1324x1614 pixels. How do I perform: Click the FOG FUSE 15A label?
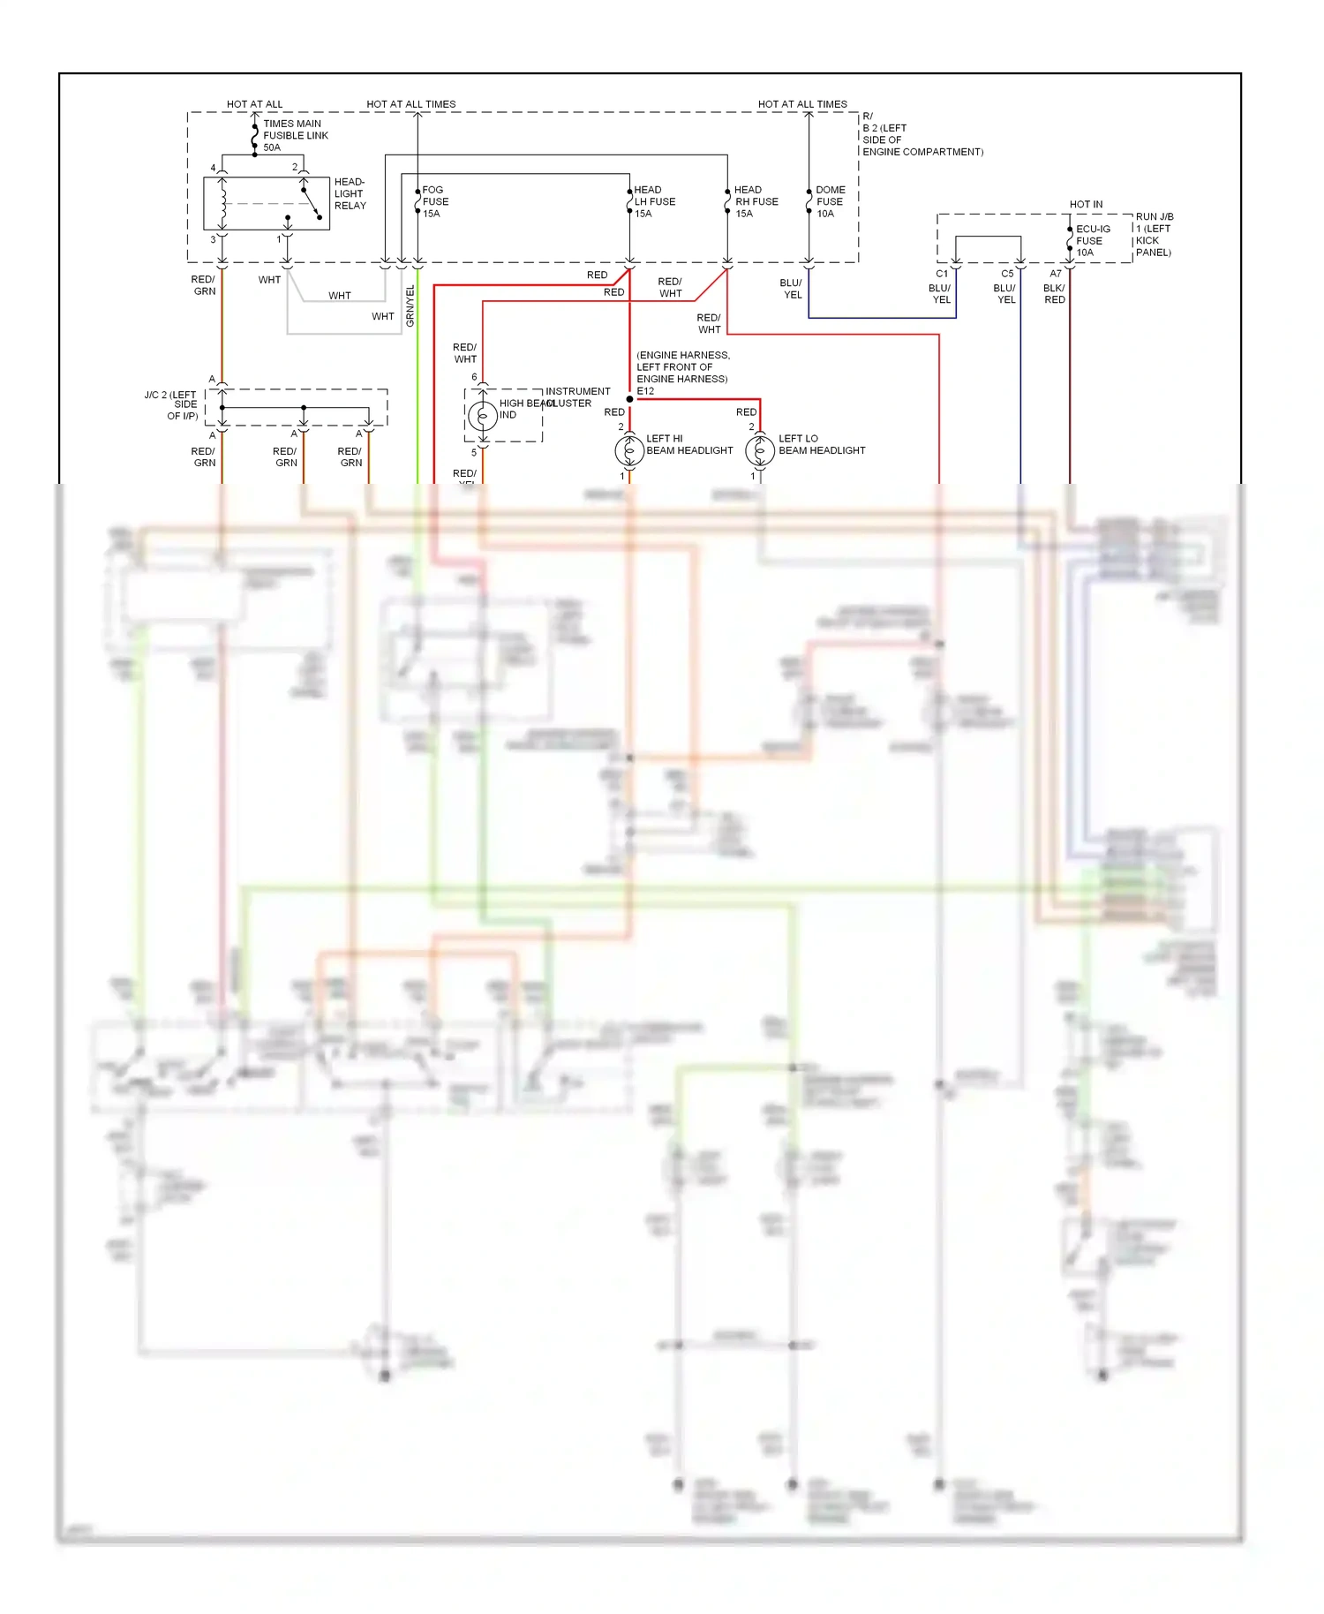coord(434,201)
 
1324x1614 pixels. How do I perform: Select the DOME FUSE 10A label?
coord(830,201)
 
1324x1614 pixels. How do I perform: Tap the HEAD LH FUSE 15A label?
coord(654,201)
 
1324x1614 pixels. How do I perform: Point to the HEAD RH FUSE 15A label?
coord(756,201)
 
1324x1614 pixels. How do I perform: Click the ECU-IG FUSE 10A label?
coord(1093,240)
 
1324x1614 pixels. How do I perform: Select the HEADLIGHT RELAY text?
coord(350,193)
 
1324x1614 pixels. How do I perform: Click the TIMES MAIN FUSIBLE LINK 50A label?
coord(295,135)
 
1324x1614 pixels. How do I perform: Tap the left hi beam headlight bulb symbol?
coord(629,450)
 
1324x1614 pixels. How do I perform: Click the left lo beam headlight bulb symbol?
coord(760,450)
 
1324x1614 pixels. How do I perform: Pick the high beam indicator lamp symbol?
coord(483,415)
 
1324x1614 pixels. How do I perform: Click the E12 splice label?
coord(645,391)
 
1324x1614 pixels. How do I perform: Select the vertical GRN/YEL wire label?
coord(410,306)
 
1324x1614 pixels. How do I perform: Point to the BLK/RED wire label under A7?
coord(1054,294)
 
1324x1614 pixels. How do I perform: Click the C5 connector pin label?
coord(1007,274)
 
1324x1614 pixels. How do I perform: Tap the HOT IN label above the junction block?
coord(1086,204)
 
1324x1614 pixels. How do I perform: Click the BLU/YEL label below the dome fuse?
coord(792,289)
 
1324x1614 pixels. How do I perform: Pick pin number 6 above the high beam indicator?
coord(474,377)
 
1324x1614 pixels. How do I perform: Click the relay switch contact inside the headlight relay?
coord(311,202)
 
